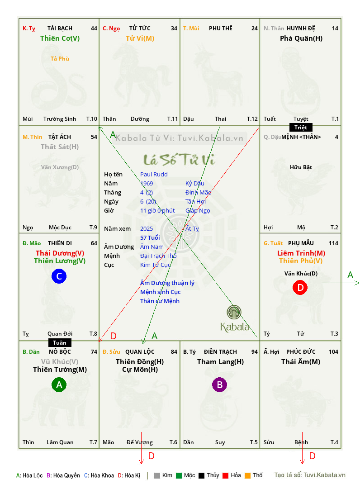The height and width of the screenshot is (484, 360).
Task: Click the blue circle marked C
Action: (x=59, y=276)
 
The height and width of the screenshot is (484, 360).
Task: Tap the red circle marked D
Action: (x=300, y=288)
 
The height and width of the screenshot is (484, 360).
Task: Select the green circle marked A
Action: (x=59, y=384)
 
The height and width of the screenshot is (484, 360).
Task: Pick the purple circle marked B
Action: (x=219, y=384)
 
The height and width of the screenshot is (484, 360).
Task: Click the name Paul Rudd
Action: (x=154, y=175)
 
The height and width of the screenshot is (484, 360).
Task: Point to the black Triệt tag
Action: (x=301, y=128)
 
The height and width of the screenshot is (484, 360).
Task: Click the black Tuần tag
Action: (x=60, y=342)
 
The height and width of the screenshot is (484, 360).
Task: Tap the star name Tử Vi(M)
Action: (x=140, y=38)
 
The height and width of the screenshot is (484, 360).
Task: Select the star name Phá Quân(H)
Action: (x=301, y=38)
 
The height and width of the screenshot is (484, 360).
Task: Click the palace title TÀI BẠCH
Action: (x=60, y=28)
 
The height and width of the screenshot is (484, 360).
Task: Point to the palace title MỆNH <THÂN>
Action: (x=301, y=137)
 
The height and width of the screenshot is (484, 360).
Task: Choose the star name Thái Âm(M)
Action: (x=301, y=362)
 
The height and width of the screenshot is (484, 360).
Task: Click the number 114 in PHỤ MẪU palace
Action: (x=333, y=243)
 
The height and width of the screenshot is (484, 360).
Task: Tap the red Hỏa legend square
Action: (x=225, y=475)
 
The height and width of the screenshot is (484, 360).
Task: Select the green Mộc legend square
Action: (x=179, y=475)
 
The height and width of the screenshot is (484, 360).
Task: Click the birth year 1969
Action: (x=147, y=183)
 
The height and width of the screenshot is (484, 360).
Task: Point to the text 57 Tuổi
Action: (x=150, y=237)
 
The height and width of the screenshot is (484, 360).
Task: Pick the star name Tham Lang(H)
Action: (x=220, y=362)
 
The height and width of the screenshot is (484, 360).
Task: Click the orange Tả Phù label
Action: (x=60, y=59)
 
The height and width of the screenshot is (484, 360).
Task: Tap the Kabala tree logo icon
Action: (x=234, y=312)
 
